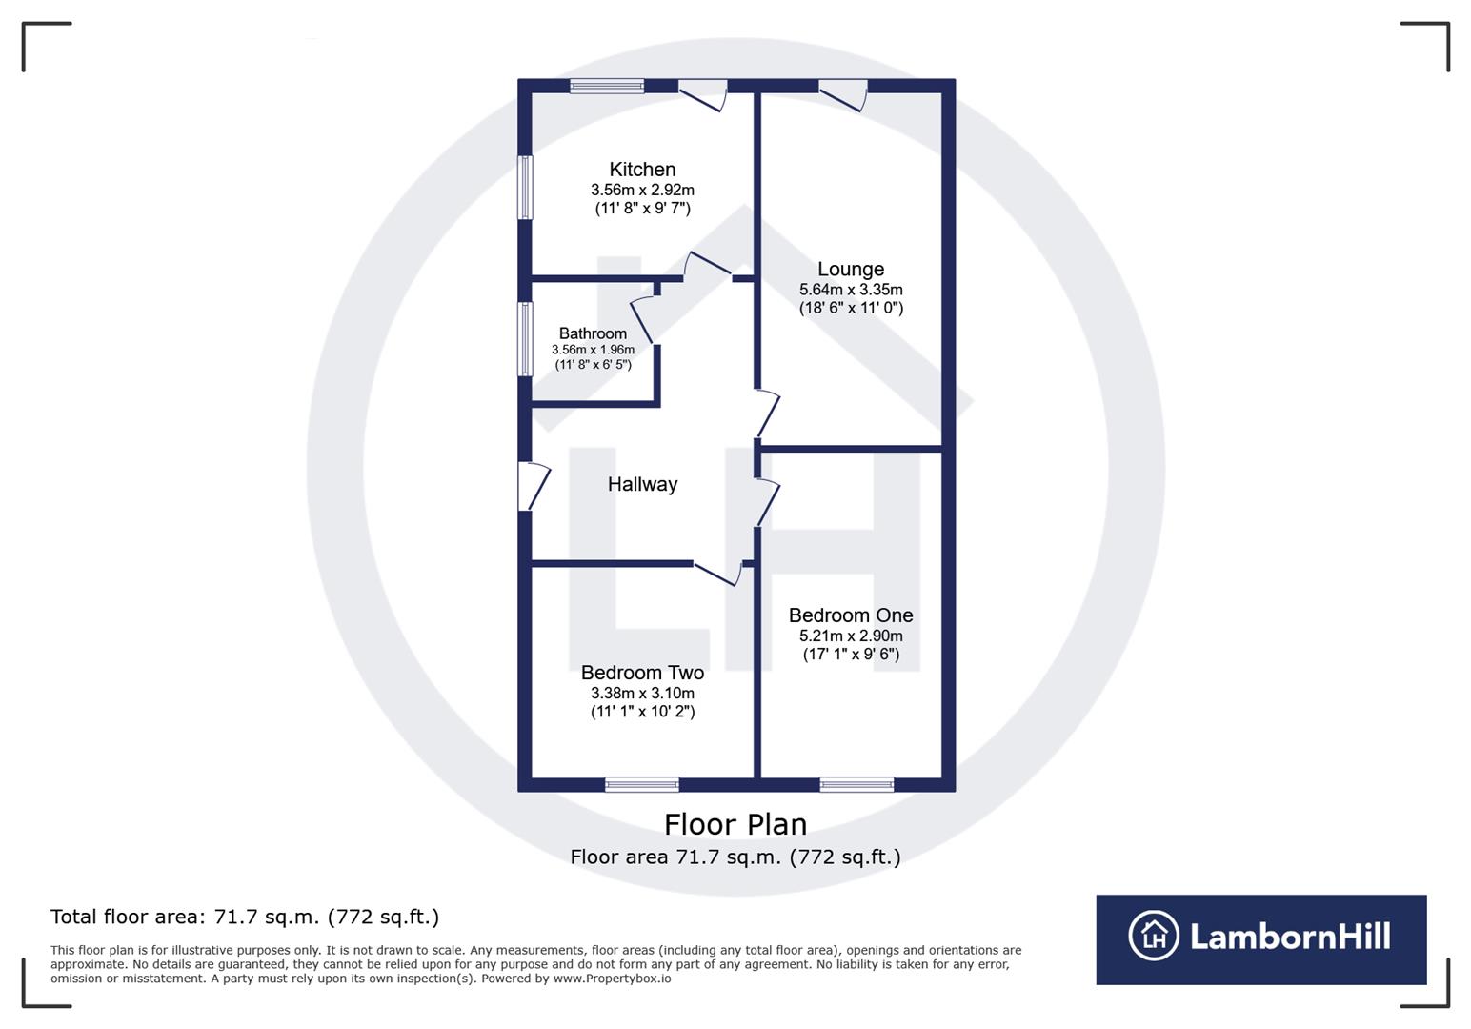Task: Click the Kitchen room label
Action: (x=642, y=170)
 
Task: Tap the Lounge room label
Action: (x=851, y=270)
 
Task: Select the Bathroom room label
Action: (x=593, y=333)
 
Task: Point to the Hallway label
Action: (x=642, y=484)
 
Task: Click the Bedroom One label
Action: (x=851, y=615)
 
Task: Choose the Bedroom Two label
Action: (x=642, y=673)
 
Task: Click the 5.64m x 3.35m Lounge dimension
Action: (x=851, y=290)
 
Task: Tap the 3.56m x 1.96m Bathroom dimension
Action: (x=593, y=350)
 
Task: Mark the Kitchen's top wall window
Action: (x=607, y=86)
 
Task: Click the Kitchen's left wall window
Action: (x=525, y=188)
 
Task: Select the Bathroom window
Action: (x=525, y=339)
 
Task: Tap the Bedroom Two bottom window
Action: (x=642, y=785)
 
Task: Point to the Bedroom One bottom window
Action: (x=856, y=785)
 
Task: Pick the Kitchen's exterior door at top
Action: (x=705, y=93)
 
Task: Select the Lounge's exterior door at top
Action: (x=844, y=93)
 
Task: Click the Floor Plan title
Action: (x=735, y=824)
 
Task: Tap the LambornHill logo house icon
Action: (x=1153, y=936)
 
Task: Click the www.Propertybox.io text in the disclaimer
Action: (x=612, y=979)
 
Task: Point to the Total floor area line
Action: (x=245, y=917)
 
